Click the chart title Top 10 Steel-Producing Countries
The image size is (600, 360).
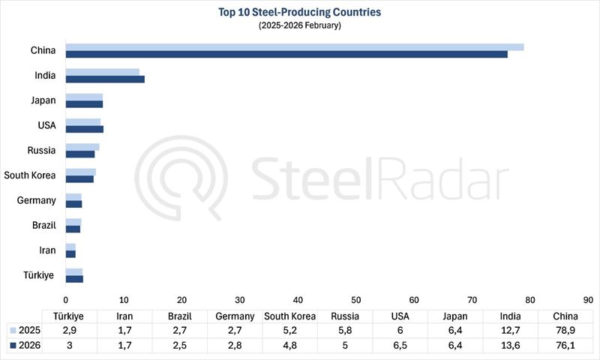click(300, 12)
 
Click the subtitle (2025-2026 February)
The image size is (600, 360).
click(300, 25)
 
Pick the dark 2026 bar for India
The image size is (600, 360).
click(105, 79)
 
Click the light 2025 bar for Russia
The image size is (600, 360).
click(82, 147)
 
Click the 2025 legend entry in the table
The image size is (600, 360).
click(25, 331)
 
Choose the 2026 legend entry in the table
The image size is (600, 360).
click(25, 346)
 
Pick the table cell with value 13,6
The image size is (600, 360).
click(511, 346)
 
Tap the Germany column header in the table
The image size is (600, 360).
click(235, 316)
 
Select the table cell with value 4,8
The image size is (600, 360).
click(289, 346)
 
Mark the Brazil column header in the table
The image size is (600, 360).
click(179, 316)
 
